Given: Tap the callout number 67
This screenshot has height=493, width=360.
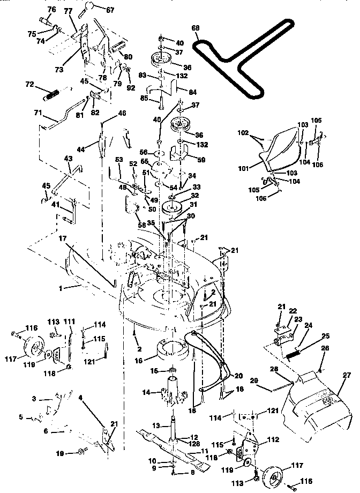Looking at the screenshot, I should tap(109, 10).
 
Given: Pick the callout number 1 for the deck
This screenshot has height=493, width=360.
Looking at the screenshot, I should tap(61, 288).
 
